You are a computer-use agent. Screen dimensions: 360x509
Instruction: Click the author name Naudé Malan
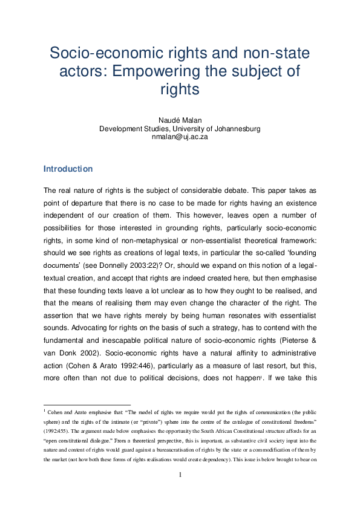tap(180, 120)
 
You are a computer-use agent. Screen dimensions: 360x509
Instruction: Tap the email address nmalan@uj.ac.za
tap(180, 137)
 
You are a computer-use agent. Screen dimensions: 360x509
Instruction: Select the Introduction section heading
tap(68, 169)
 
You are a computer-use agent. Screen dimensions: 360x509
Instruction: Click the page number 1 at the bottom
tap(180, 475)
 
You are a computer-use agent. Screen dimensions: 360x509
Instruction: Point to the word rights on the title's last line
tap(180, 89)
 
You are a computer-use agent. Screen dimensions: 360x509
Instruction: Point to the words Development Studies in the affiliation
tap(131, 128)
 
